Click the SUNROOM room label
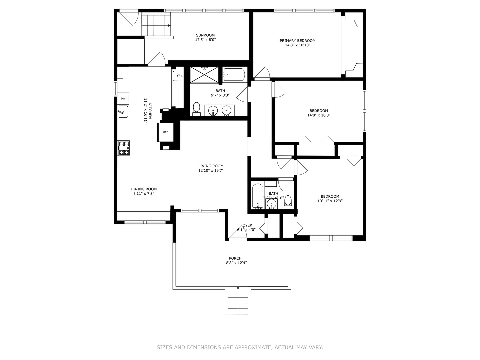click(205, 35)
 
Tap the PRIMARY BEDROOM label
click(297, 41)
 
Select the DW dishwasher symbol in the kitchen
click(123, 98)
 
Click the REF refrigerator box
click(165, 132)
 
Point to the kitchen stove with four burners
click(124, 148)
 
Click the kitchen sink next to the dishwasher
click(123, 111)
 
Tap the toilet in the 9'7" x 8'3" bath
click(196, 109)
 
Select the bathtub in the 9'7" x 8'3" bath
click(234, 74)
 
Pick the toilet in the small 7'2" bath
click(288, 202)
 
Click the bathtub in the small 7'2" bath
click(258, 196)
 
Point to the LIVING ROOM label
click(211, 166)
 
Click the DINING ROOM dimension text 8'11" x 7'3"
click(144, 193)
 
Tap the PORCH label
click(235, 258)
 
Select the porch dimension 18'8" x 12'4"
click(235, 263)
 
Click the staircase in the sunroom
click(156, 25)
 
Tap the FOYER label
click(246, 225)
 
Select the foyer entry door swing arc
click(238, 235)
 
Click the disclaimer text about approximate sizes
click(240, 347)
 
